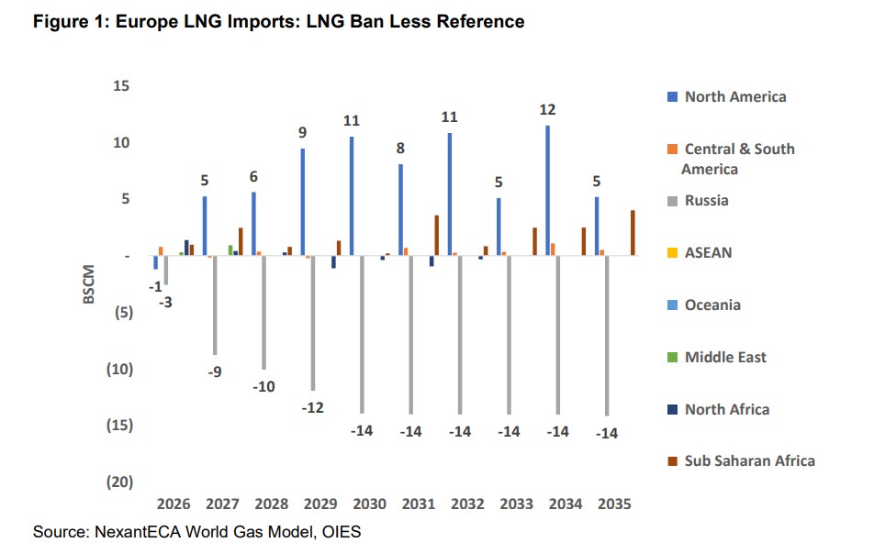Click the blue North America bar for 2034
(x=548, y=191)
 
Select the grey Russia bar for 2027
(x=214, y=305)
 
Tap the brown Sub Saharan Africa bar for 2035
(x=633, y=233)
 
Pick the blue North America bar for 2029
(x=302, y=202)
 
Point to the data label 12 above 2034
(x=548, y=109)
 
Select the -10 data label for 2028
(x=263, y=386)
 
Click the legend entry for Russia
(x=707, y=200)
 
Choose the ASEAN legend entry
(x=708, y=252)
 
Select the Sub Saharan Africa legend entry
(x=749, y=460)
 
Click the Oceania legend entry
(x=712, y=305)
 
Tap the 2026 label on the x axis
(x=173, y=504)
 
